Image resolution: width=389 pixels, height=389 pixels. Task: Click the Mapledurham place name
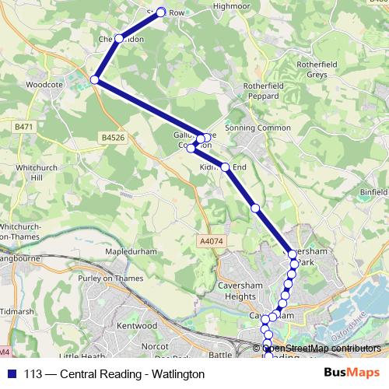click(x=120, y=254)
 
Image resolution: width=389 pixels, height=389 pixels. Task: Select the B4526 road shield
click(x=113, y=138)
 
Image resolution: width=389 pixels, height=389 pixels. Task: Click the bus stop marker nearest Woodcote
click(x=95, y=79)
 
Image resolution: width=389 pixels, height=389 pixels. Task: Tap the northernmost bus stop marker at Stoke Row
click(x=162, y=12)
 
